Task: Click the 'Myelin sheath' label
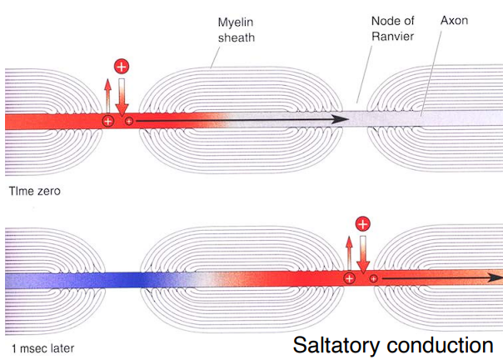click(237, 30)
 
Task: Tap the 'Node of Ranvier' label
click(392, 28)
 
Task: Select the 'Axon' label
click(454, 21)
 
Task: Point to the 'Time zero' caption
click(35, 191)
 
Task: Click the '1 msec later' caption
click(42, 348)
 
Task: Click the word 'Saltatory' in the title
click(336, 346)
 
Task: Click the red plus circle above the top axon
click(122, 67)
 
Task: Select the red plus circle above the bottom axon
click(363, 224)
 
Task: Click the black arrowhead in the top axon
click(340, 119)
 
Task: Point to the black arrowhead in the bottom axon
click(496, 277)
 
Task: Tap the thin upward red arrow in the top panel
click(107, 96)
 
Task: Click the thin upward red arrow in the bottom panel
click(349, 253)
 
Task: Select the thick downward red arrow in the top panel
click(122, 97)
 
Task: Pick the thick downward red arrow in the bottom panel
click(363, 255)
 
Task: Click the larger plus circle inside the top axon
click(108, 121)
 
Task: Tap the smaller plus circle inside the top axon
click(129, 121)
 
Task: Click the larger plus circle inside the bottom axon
click(349, 278)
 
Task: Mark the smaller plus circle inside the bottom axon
click(373, 278)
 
